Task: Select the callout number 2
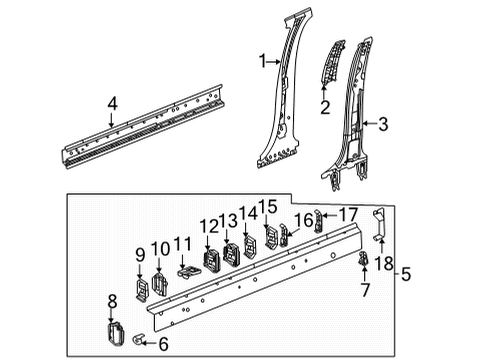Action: coord(324,107)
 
